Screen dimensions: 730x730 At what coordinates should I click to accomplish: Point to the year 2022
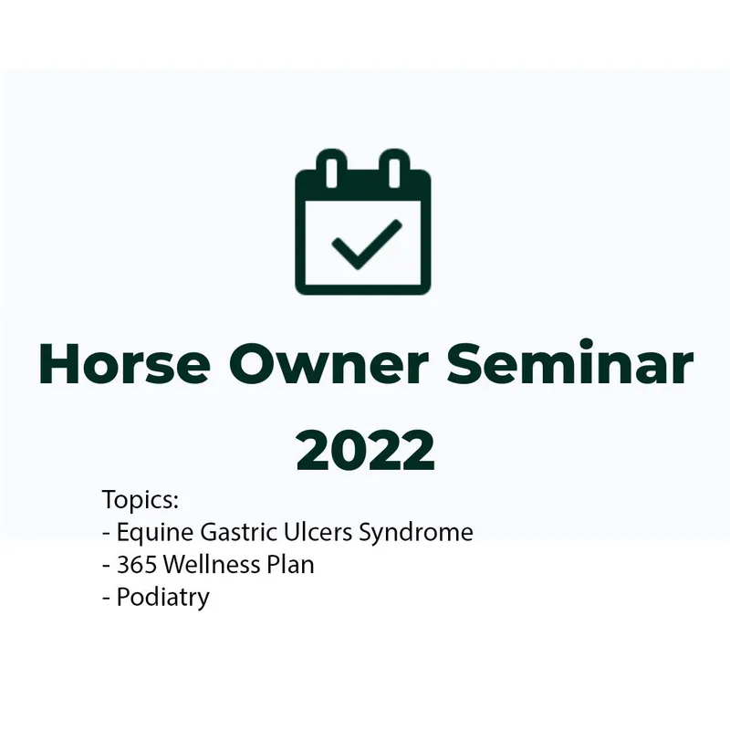tap(365, 449)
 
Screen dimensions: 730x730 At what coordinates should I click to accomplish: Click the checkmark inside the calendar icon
tap(366, 244)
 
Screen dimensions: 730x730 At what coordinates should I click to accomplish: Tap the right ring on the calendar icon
tap(393, 170)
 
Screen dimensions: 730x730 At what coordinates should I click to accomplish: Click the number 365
tap(137, 565)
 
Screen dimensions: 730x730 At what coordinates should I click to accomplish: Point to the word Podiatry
tap(162, 598)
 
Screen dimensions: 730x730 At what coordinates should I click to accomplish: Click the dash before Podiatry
tap(106, 598)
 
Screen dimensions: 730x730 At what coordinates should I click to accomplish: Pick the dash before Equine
tap(106, 533)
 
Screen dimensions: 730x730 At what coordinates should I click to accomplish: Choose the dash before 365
tap(106, 566)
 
